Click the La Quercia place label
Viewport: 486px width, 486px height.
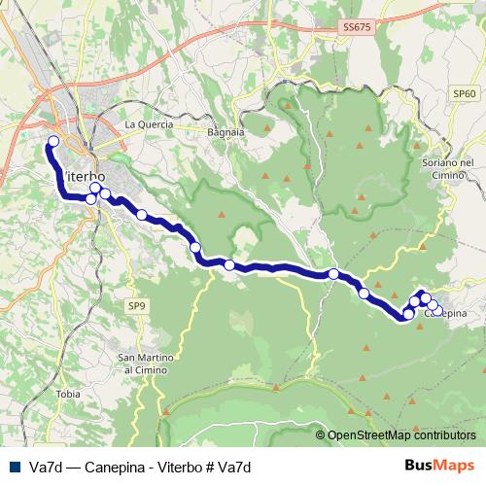coord(149,124)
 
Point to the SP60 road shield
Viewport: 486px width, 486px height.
coord(465,92)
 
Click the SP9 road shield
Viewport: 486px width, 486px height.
coord(137,305)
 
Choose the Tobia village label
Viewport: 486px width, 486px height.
coord(68,394)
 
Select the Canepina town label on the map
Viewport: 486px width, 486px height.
coord(446,313)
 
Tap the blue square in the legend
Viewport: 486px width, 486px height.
coord(15,467)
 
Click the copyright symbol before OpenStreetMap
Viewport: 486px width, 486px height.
coord(321,435)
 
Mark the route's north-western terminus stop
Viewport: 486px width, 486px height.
coord(52,142)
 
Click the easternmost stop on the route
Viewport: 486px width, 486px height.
coord(438,311)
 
